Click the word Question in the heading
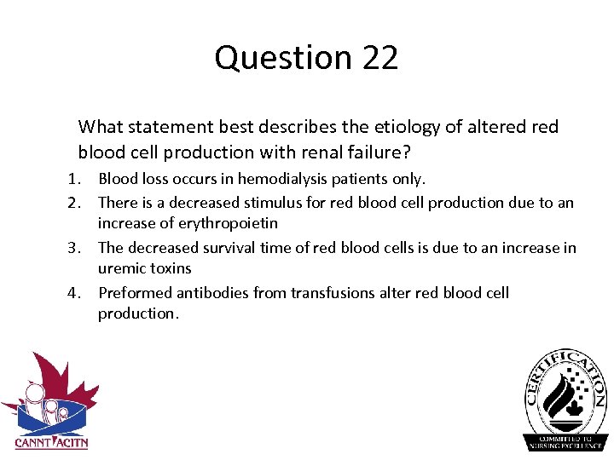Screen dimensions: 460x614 [x=283, y=59]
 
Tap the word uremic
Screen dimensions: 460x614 [x=120, y=268]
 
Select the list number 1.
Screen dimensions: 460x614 [x=74, y=179]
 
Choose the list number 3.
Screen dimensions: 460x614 [x=74, y=248]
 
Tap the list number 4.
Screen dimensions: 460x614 [x=74, y=293]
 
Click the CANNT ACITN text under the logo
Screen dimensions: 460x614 [x=51, y=442]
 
